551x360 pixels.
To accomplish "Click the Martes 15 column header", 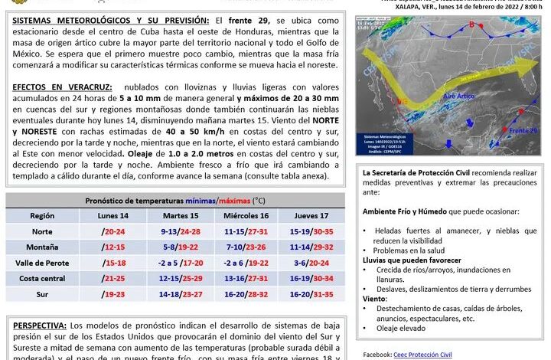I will tap(181, 215).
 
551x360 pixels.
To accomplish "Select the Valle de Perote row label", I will tap(42, 262).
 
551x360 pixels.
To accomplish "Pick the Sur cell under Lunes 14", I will tap(112, 293).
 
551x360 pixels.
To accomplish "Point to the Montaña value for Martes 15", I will tap(181, 247).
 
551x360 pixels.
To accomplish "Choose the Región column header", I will tap(42, 215).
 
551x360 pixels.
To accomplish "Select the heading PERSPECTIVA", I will tap(39, 325).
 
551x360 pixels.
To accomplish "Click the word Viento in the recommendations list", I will tap(375, 299).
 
